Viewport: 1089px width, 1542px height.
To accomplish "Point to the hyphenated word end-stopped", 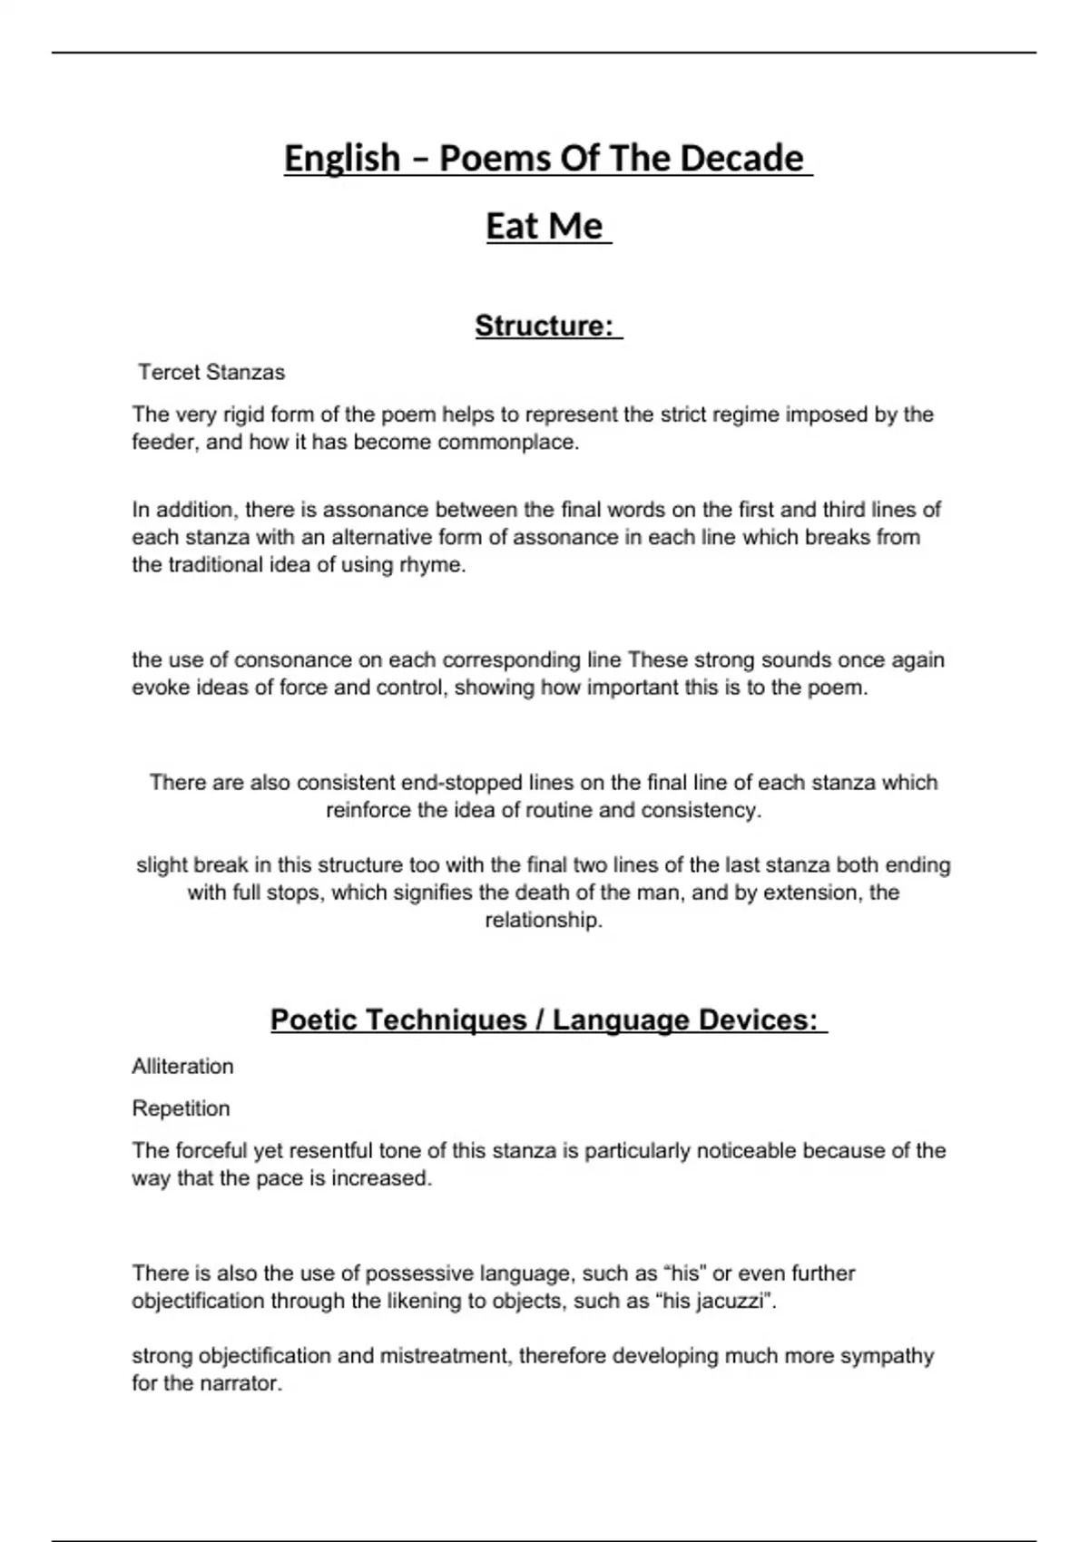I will click(469, 782).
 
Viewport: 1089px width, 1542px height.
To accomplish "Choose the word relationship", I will click(543, 921).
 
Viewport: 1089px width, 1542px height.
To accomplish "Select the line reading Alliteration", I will click(182, 1066).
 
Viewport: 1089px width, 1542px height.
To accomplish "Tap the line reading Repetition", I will click(181, 1108).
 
